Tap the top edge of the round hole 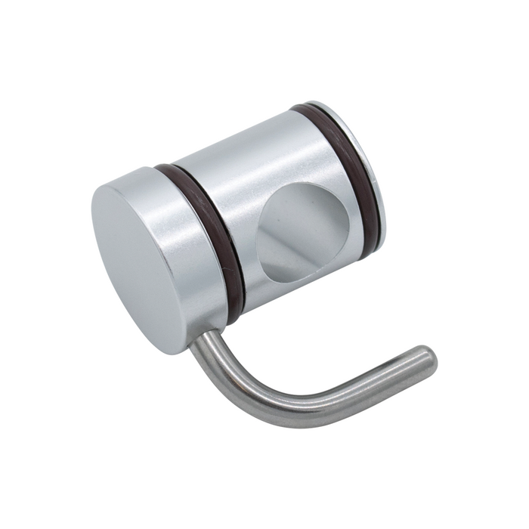(x=299, y=185)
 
